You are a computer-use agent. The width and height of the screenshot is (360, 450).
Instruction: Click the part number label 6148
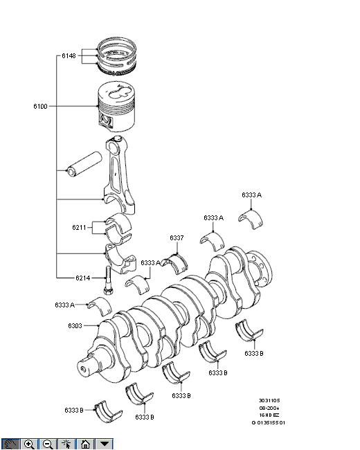tap(69, 55)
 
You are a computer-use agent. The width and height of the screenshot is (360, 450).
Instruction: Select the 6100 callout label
tap(40, 106)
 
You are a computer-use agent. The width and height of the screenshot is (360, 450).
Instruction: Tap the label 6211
tap(79, 228)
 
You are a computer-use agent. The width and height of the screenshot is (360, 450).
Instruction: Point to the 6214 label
tap(82, 278)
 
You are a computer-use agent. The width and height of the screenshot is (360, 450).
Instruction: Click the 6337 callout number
tap(177, 238)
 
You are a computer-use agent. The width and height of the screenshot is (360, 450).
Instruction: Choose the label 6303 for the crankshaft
tap(75, 326)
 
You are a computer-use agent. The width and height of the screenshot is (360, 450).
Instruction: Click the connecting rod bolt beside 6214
tap(108, 280)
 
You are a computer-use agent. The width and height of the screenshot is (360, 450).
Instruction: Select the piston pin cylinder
tap(84, 164)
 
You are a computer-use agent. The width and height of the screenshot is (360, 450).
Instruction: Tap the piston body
tap(116, 107)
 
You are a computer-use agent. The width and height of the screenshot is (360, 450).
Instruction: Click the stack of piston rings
tap(116, 56)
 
